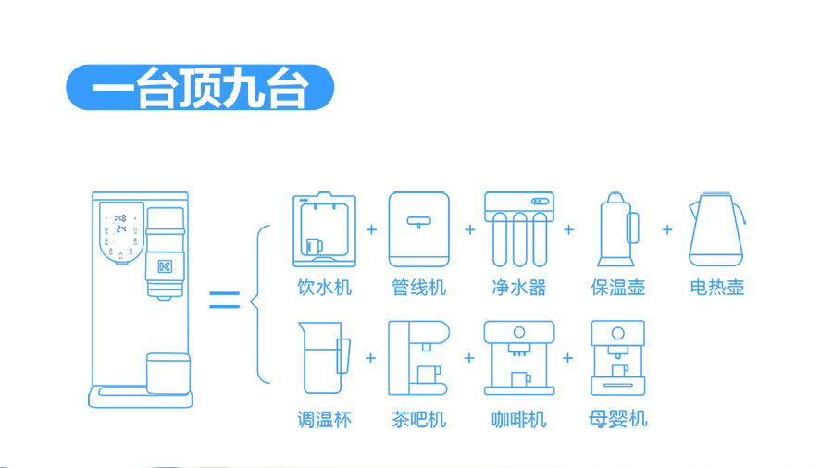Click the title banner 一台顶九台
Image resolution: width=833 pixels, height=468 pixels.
point(199,88)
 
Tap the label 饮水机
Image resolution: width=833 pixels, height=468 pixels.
point(325,287)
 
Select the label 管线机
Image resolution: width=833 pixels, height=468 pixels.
point(419,287)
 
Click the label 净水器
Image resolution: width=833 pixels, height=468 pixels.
point(519,287)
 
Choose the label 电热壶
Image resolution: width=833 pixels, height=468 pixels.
point(717,287)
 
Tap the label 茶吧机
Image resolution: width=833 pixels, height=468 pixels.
point(419,419)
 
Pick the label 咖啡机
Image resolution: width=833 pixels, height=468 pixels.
point(519,419)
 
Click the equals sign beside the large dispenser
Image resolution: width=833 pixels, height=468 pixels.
point(224,300)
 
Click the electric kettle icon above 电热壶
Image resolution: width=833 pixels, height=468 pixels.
point(717,229)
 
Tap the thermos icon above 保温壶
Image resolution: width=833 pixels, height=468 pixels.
point(617,229)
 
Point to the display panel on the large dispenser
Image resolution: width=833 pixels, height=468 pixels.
point(120,231)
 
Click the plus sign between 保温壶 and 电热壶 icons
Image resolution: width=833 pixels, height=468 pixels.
point(667,228)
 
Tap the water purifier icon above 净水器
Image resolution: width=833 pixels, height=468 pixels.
point(518,228)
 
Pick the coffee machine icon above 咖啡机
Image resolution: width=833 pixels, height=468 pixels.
point(519,358)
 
